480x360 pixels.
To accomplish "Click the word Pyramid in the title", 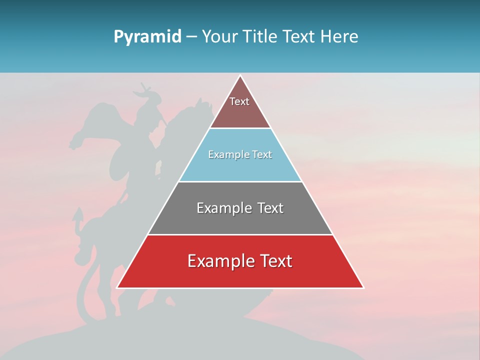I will click(x=147, y=37).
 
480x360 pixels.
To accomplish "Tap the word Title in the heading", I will click(x=260, y=37).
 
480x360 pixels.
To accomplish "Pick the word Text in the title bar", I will click(x=299, y=37).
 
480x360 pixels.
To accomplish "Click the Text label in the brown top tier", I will click(x=239, y=101).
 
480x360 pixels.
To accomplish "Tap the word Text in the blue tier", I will click(x=261, y=155).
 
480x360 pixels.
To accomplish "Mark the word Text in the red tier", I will click(x=275, y=261).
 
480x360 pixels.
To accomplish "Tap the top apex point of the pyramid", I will click(x=240, y=76).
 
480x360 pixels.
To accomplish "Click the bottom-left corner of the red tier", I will click(x=117, y=287).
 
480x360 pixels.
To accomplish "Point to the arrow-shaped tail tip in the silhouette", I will click(x=77, y=215).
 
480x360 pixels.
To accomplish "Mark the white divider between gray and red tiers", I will click(x=240, y=234).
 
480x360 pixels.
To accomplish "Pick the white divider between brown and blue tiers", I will click(x=240, y=128).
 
